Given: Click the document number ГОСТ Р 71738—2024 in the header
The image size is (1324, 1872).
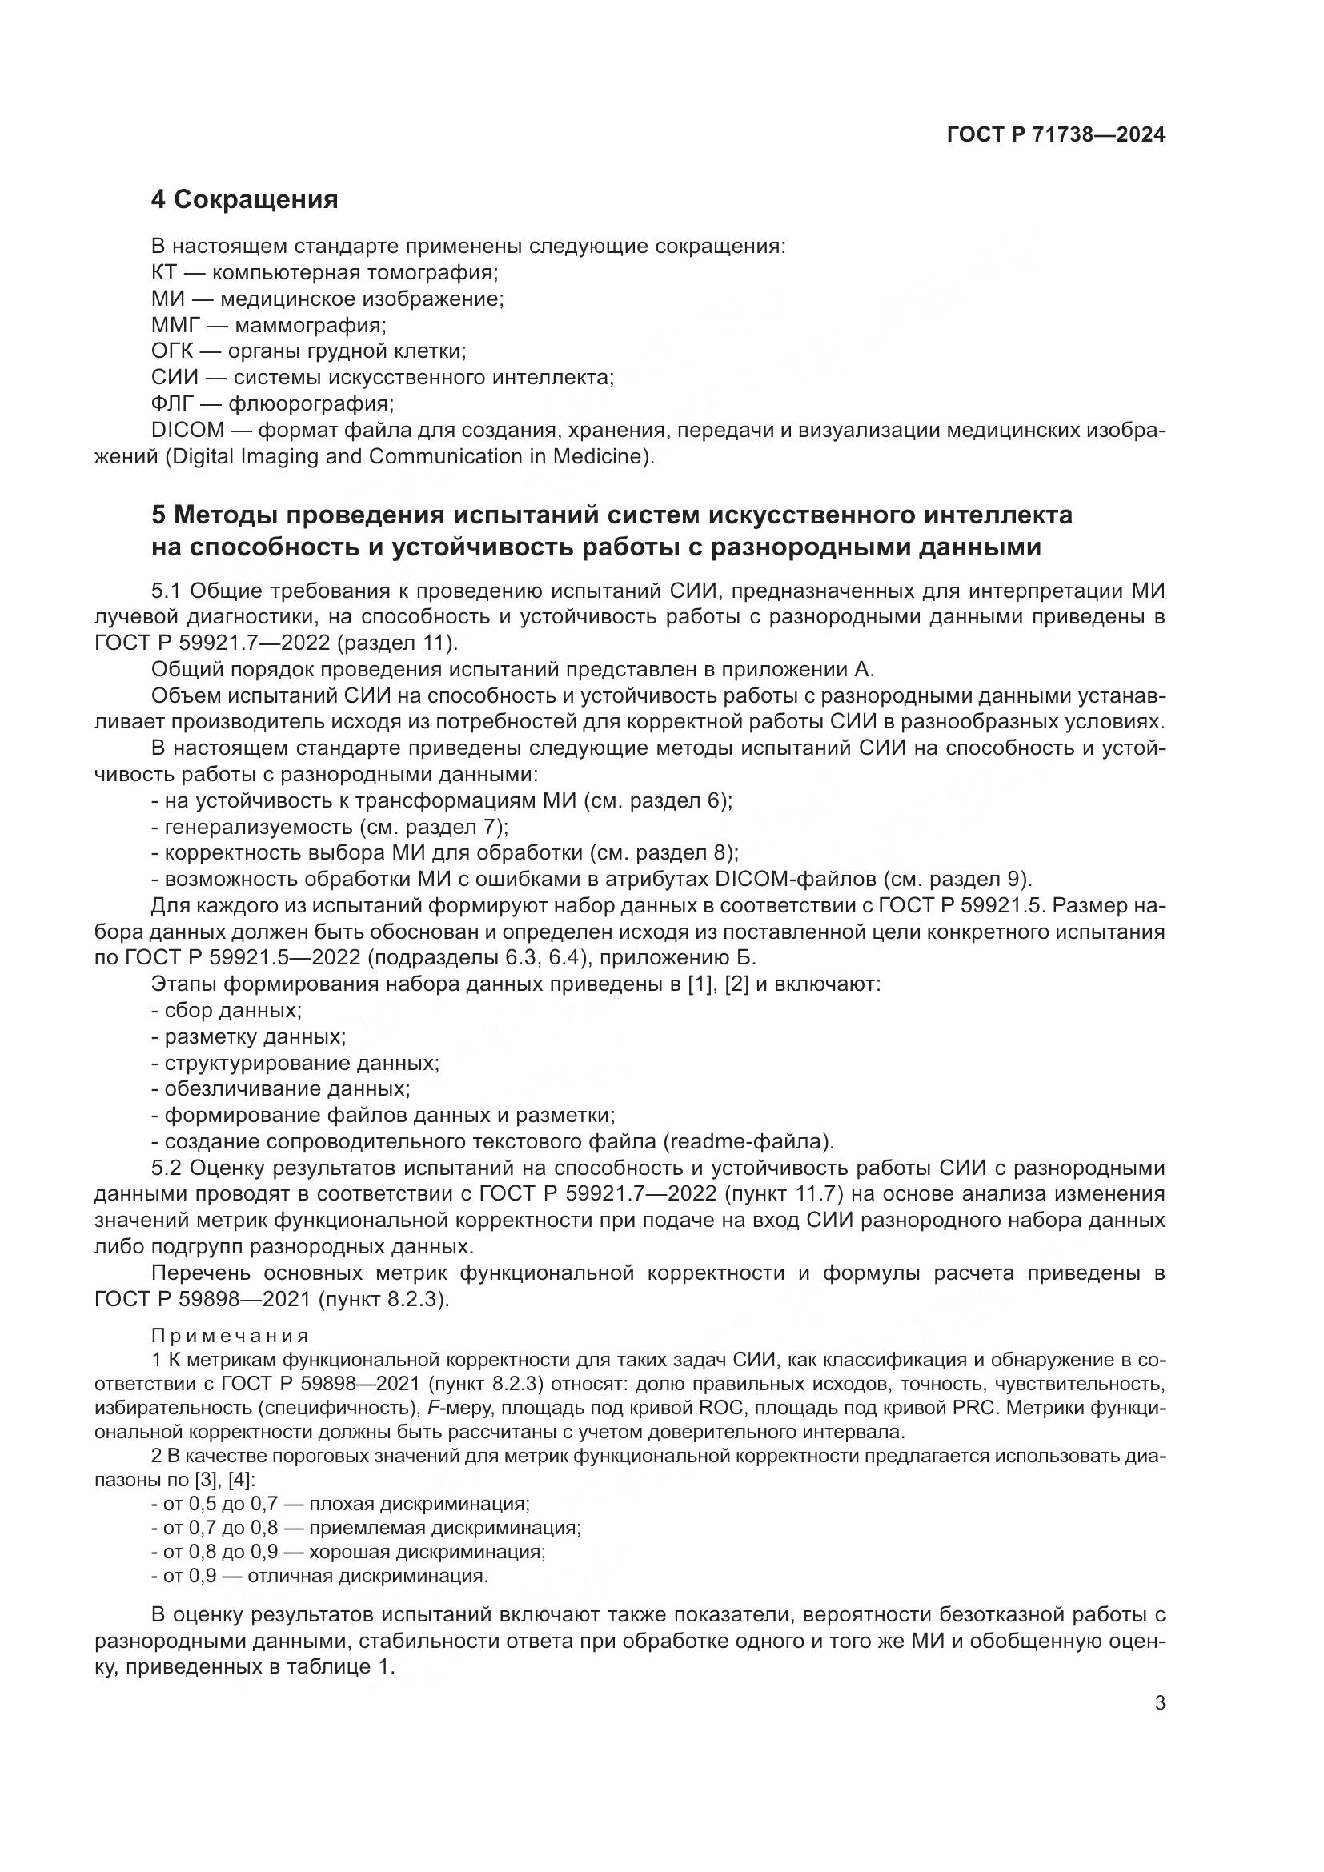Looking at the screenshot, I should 1056,135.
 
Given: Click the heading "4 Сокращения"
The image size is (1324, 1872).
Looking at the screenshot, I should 245,199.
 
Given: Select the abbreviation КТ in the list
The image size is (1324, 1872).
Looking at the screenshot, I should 165,272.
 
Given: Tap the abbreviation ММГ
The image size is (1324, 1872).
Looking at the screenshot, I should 175,325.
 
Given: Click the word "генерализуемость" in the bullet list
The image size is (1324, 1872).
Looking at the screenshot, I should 259,827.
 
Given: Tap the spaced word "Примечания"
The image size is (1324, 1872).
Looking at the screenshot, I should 230,1336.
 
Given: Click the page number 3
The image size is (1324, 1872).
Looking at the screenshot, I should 1160,1703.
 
